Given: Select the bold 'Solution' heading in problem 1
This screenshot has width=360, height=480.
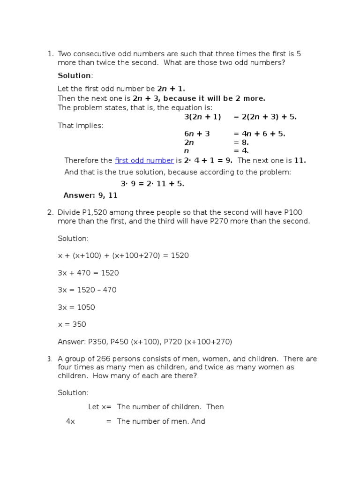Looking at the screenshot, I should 75,75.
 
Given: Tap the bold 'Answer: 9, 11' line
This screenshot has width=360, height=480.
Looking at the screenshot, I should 90,195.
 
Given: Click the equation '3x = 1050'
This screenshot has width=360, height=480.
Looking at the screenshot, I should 76,307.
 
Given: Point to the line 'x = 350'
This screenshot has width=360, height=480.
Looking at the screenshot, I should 72,324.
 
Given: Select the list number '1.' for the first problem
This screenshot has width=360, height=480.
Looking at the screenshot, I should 51,54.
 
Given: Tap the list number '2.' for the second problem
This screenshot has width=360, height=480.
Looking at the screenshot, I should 51,212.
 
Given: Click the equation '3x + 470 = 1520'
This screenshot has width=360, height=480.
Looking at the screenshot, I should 88,273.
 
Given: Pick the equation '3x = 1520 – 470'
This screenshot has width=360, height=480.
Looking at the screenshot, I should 87,290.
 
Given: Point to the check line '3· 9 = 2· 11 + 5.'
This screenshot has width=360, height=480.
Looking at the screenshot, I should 152,184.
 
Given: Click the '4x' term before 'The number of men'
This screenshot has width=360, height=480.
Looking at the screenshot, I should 71,421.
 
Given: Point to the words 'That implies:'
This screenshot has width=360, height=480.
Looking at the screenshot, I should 81,125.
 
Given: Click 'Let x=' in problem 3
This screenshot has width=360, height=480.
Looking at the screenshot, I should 100,407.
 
